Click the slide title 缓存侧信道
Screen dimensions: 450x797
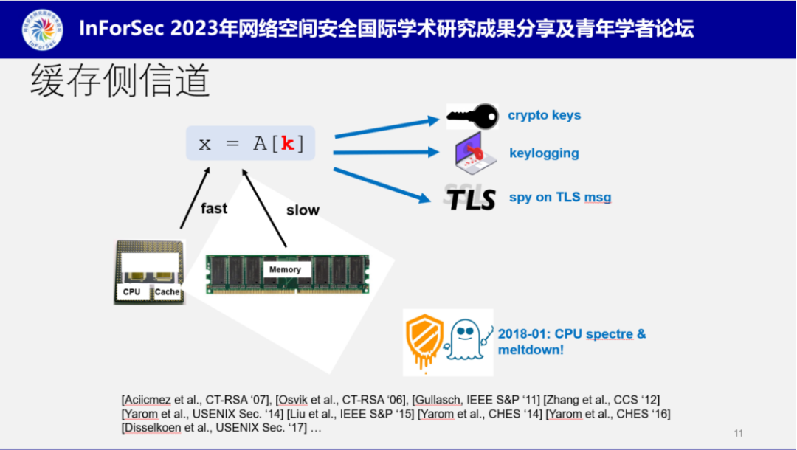120,80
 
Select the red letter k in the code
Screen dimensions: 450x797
288,143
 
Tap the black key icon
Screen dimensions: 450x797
472,116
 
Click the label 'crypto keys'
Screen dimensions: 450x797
544,115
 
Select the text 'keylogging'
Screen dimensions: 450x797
544,153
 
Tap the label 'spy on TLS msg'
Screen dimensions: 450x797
560,197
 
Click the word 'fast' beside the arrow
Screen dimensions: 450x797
214,209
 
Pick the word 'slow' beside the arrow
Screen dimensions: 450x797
303,210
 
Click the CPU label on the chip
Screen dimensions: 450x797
131,292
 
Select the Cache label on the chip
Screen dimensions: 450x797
167,292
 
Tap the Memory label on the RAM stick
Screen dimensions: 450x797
285,270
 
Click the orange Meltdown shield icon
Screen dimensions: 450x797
424,341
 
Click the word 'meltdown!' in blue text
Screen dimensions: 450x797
531,350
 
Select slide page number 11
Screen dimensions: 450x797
739,433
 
